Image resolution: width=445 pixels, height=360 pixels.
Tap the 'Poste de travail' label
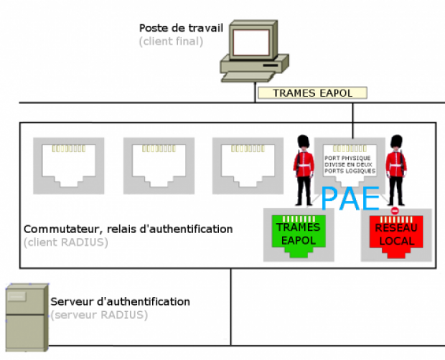tap(181, 28)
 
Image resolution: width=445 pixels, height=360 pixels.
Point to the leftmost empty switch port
tap(64, 164)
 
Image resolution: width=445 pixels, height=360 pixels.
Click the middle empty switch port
tap(153, 164)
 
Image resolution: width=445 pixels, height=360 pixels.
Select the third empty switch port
tap(242, 164)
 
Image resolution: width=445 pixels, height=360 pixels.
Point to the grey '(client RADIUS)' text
tap(65, 242)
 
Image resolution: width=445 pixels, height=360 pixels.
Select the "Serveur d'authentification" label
tap(121, 301)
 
